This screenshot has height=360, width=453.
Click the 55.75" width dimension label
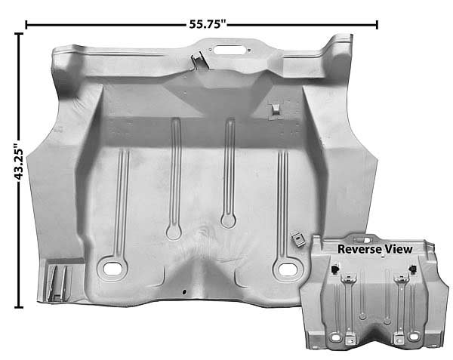click(x=207, y=24)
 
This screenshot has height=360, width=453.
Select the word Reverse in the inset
click(x=359, y=249)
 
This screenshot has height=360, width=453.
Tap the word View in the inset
click(x=398, y=249)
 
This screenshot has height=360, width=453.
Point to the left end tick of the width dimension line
click(x=26, y=25)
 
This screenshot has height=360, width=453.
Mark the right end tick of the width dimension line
click(x=377, y=25)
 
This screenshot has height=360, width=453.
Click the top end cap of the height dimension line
click(x=19, y=34)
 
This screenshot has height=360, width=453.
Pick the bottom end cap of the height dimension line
click(x=19, y=307)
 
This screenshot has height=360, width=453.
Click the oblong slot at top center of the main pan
click(x=229, y=50)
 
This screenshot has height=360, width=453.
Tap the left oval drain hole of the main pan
click(x=112, y=269)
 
